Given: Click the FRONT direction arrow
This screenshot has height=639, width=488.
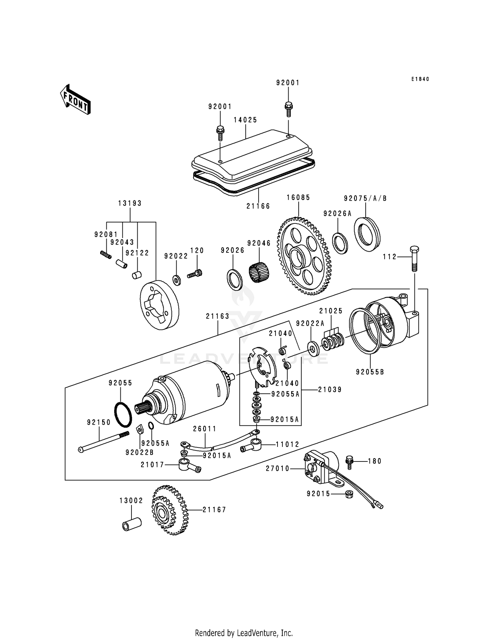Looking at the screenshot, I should (x=75, y=99).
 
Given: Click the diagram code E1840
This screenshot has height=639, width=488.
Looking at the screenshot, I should (x=420, y=79).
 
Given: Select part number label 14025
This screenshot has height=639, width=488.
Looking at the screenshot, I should (x=245, y=120).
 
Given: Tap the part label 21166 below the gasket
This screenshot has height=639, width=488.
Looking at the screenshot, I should (x=258, y=206).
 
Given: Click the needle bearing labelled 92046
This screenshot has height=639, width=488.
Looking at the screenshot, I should (x=259, y=269).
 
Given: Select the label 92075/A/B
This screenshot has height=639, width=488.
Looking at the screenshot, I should (x=365, y=198).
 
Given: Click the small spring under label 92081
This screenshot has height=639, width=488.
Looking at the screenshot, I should (x=105, y=254).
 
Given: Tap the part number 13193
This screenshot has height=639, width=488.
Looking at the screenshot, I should (x=130, y=203).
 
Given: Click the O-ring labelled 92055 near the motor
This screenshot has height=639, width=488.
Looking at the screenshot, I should (x=123, y=414).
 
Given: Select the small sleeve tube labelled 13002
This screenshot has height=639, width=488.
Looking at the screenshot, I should (x=132, y=524).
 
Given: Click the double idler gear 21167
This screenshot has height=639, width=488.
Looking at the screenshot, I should (x=169, y=510).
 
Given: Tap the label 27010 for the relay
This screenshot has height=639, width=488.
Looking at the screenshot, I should (x=278, y=468).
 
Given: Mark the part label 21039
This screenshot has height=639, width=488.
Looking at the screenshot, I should (x=330, y=390).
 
